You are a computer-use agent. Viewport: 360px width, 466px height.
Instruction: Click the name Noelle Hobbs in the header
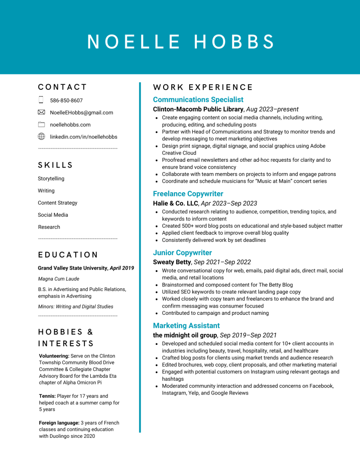(181, 41)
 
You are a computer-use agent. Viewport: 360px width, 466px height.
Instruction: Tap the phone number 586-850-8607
(66, 101)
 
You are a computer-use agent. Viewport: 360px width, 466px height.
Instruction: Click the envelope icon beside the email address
(41, 112)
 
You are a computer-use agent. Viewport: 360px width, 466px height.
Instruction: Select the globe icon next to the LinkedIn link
(41, 136)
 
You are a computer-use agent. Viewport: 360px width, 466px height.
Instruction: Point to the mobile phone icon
(41, 100)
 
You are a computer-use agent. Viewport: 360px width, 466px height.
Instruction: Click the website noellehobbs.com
(70, 125)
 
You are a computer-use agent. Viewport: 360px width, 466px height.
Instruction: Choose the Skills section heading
(56, 165)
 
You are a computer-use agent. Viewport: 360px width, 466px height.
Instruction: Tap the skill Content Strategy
(57, 203)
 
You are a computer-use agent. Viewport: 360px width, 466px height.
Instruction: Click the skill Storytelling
(51, 179)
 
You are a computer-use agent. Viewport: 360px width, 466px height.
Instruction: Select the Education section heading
(68, 255)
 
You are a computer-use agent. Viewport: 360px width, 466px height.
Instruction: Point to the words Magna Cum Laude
(58, 279)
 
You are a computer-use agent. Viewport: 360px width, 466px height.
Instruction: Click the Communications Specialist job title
(198, 100)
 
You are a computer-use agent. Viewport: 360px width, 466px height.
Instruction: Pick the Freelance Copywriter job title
(188, 194)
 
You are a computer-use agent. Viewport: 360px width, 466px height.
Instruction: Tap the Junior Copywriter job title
(182, 253)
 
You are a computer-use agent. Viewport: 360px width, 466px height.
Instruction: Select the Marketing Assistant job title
(186, 326)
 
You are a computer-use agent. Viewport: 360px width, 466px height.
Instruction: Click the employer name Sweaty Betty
(172, 262)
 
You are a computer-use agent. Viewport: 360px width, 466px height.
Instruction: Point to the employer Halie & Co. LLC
(175, 204)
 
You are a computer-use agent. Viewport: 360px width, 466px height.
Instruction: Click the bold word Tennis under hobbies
(47, 396)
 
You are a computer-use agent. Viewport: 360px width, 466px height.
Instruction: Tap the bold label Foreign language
(59, 423)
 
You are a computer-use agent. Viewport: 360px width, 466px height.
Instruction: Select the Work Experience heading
(203, 87)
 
